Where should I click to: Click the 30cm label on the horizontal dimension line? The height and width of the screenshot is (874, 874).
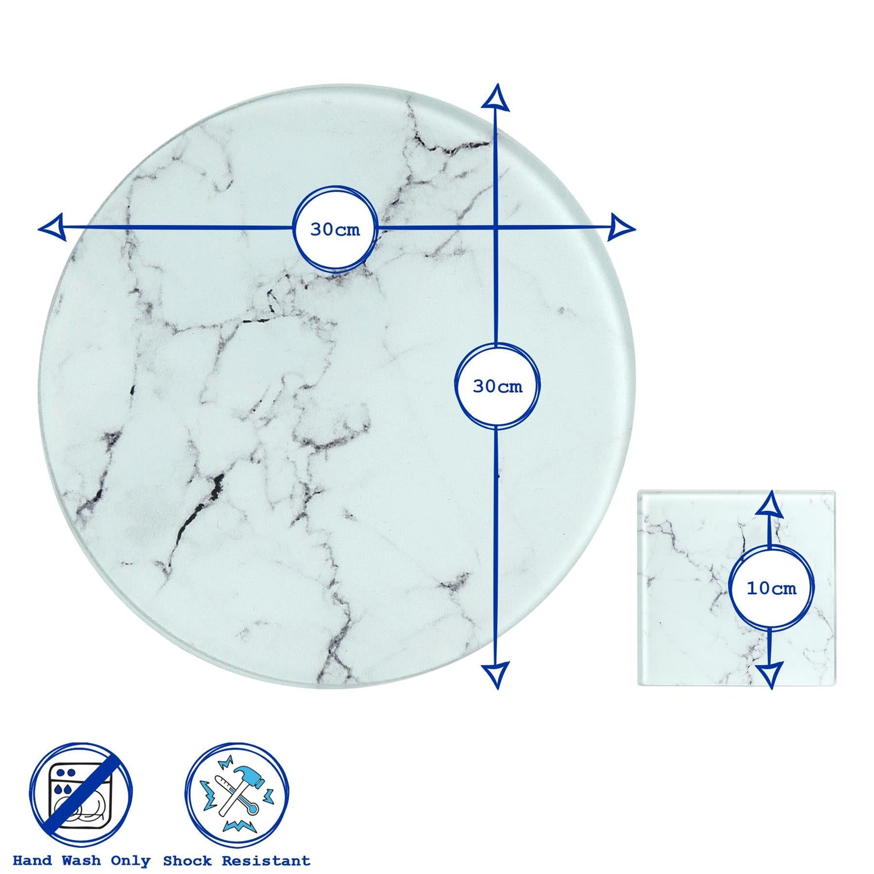click(335, 230)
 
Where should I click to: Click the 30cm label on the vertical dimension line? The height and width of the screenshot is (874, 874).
click(497, 386)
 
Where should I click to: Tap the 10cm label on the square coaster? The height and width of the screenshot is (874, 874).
click(771, 588)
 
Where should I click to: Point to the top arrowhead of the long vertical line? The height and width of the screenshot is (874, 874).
click(496, 97)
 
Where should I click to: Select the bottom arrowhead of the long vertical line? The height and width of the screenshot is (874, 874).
click(496, 675)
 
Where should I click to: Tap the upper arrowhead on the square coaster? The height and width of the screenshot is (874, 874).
click(771, 503)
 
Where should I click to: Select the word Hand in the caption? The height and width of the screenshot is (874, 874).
click(32, 861)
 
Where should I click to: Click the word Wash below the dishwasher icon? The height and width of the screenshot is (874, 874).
click(81, 861)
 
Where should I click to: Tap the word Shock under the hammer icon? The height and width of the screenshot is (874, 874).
click(188, 861)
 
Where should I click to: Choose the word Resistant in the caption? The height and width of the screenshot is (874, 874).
click(266, 861)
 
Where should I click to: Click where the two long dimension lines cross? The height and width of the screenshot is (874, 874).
click(496, 227)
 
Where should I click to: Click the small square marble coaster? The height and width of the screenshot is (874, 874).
click(737, 588)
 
